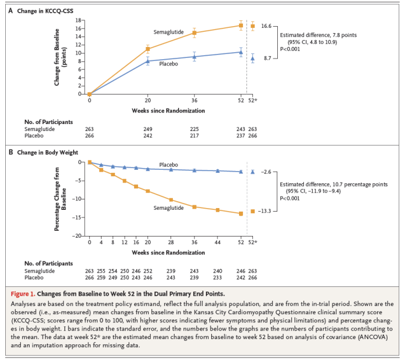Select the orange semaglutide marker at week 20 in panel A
148,49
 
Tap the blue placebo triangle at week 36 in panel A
194,56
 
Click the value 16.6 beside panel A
266,26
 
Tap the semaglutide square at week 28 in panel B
171,200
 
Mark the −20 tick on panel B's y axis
78,236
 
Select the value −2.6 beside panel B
266,172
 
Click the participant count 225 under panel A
194,129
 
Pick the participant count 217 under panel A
194,136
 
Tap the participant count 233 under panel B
218,277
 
